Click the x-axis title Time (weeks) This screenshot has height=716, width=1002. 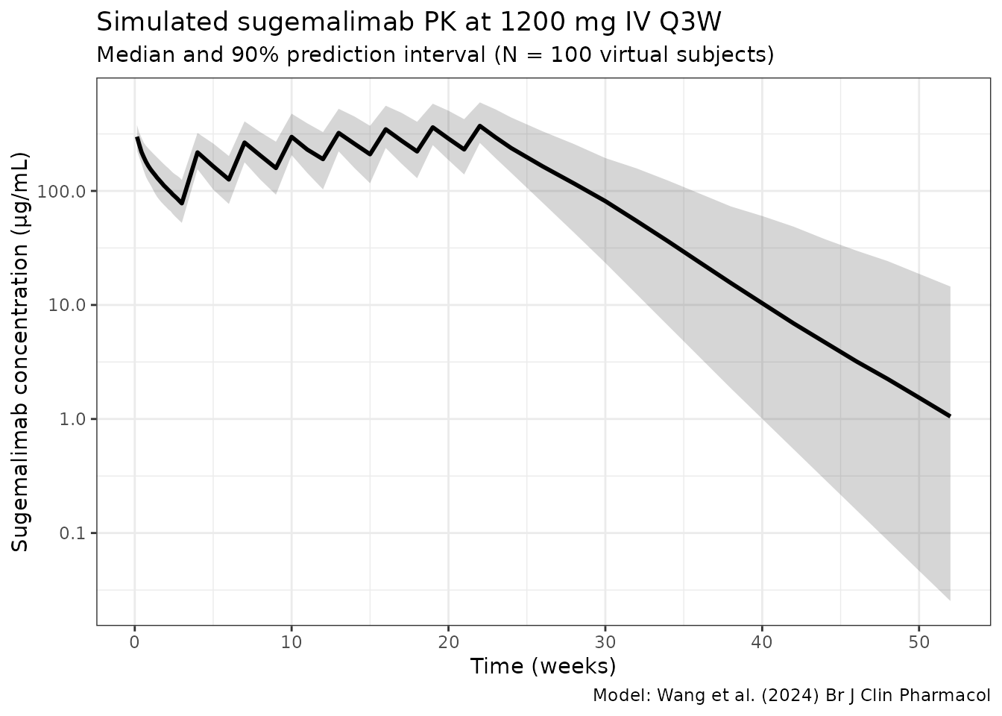coord(543,666)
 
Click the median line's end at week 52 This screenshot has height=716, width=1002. coord(950,416)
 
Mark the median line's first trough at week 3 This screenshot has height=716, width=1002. coord(181,203)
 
